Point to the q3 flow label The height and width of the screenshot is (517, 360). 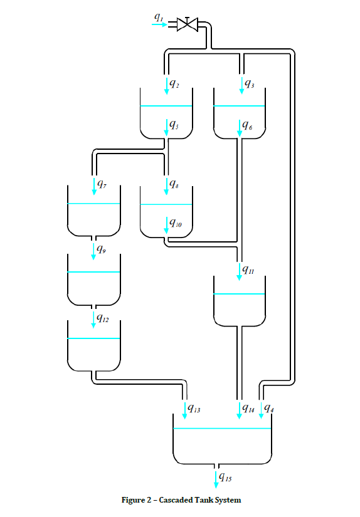pyautogui.click(x=250, y=83)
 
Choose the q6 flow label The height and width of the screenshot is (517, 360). pyautogui.click(x=249, y=127)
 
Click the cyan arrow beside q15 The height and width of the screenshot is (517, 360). pyautogui.click(x=216, y=478)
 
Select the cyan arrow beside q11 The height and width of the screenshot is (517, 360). pyautogui.click(x=240, y=270)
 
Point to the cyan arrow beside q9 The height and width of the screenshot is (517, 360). pyautogui.click(x=93, y=250)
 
